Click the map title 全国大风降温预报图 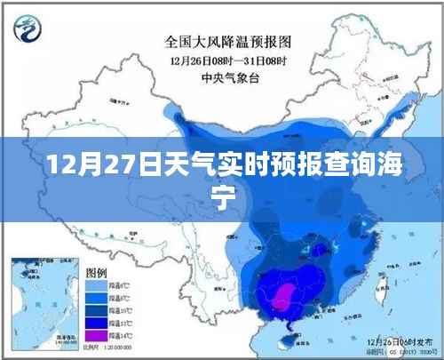click(228, 41)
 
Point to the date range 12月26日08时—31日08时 click(228, 60)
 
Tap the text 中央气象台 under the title click(228, 76)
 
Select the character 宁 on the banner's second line click(222, 197)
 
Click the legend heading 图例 click(95, 272)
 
